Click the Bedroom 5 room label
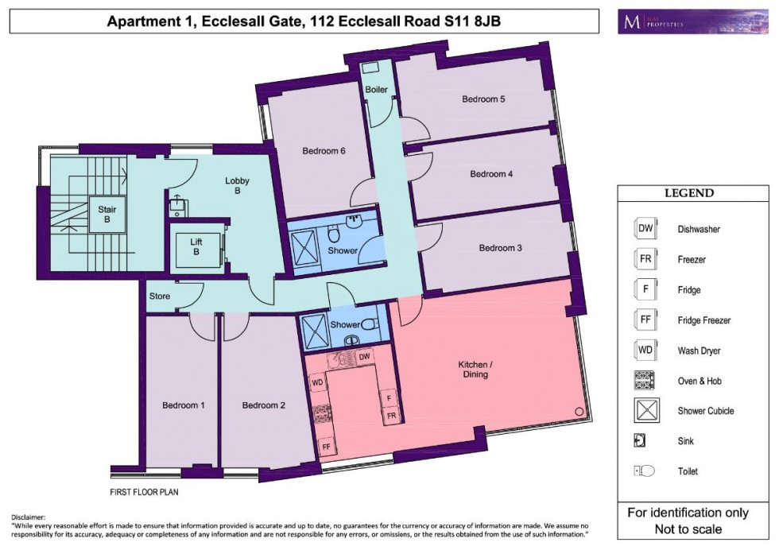[x=484, y=99]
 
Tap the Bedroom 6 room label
[x=324, y=150]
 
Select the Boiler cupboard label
[x=376, y=90]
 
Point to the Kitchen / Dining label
[x=475, y=369]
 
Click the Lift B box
[x=196, y=246]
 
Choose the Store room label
[x=160, y=296]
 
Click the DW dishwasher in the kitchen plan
[x=365, y=358]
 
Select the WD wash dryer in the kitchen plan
[x=317, y=382]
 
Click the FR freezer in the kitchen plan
[x=390, y=415]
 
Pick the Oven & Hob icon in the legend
[x=644, y=381]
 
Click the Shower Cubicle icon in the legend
[x=644, y=411]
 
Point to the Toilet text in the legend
[x=688, y=471]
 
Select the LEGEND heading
[x=688, y=193]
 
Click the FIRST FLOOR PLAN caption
[x=144, y=492]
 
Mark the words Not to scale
[x=688, y=529]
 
